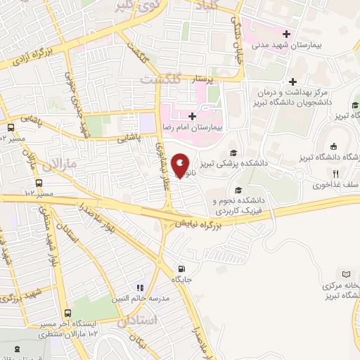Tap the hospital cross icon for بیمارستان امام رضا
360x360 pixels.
(191, 117)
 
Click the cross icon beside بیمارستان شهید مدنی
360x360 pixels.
(285, 34)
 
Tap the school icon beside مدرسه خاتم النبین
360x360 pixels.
(139, 288)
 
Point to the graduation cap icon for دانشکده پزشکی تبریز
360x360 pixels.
(232, 153)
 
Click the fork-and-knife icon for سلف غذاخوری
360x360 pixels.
(336, 174)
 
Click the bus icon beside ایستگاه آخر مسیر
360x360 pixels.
(67, 314)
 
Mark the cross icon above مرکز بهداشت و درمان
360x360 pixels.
(292, 82)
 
